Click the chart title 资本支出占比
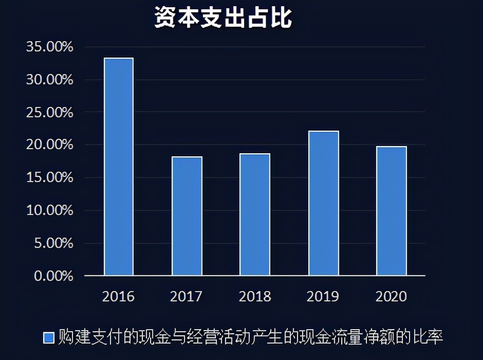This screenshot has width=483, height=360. coord(224,17)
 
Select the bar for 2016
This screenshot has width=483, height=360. coord(119,167)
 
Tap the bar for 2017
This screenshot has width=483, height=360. coord(187,216)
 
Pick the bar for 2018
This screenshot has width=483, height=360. coord(255,214)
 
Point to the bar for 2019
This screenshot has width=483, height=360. coord(324,203)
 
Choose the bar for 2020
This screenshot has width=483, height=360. coord(392,211)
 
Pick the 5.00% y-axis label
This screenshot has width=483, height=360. coord(53,243)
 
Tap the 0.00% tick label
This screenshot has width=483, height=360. coord(53,276)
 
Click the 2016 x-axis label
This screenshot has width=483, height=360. coord(118,297)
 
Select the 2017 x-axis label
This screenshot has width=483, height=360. coord(187,297)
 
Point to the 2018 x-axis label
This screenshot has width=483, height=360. coord(255,297)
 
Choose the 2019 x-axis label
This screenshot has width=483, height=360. coord(323,297)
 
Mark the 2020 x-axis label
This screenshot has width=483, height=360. coord(392,297)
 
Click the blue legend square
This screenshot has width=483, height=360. coord(49,337)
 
